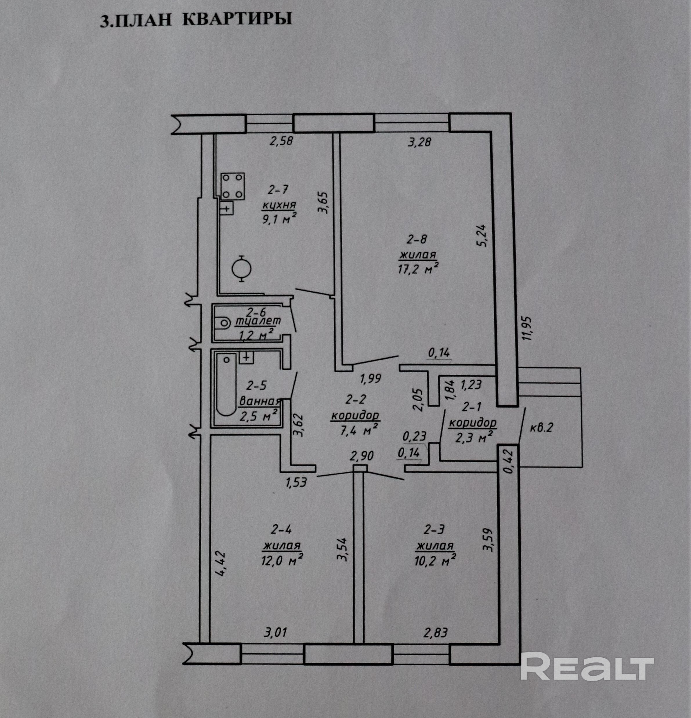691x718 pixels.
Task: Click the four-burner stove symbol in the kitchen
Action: [x=233, y=186]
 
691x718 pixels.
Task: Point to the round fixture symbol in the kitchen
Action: [x=241, y=269]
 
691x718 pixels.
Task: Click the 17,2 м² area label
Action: [x=418, y=269]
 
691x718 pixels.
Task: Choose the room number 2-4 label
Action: [x=281, y=529]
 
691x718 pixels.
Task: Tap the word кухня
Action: [x=278, y=205]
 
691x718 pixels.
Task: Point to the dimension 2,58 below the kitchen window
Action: [x=281, y=141]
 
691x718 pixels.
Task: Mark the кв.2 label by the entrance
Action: [x=541, y=427]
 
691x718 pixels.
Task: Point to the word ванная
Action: [x=259, y=402]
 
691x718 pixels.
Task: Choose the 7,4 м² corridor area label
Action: [x=359, y=430]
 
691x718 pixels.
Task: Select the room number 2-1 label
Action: [x=473, y=407]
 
